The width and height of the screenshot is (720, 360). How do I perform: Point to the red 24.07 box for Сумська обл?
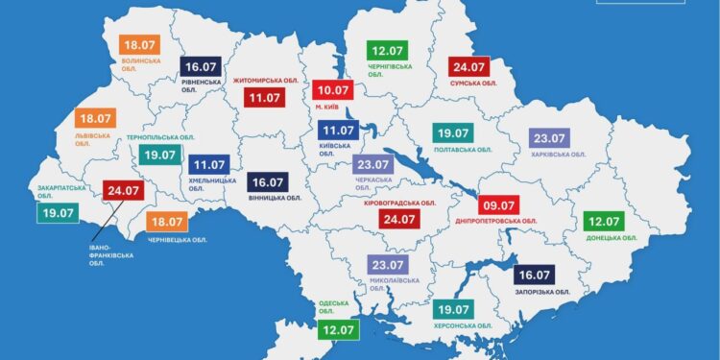point(471,67)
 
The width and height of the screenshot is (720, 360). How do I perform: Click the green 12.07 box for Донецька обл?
point(604,219)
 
